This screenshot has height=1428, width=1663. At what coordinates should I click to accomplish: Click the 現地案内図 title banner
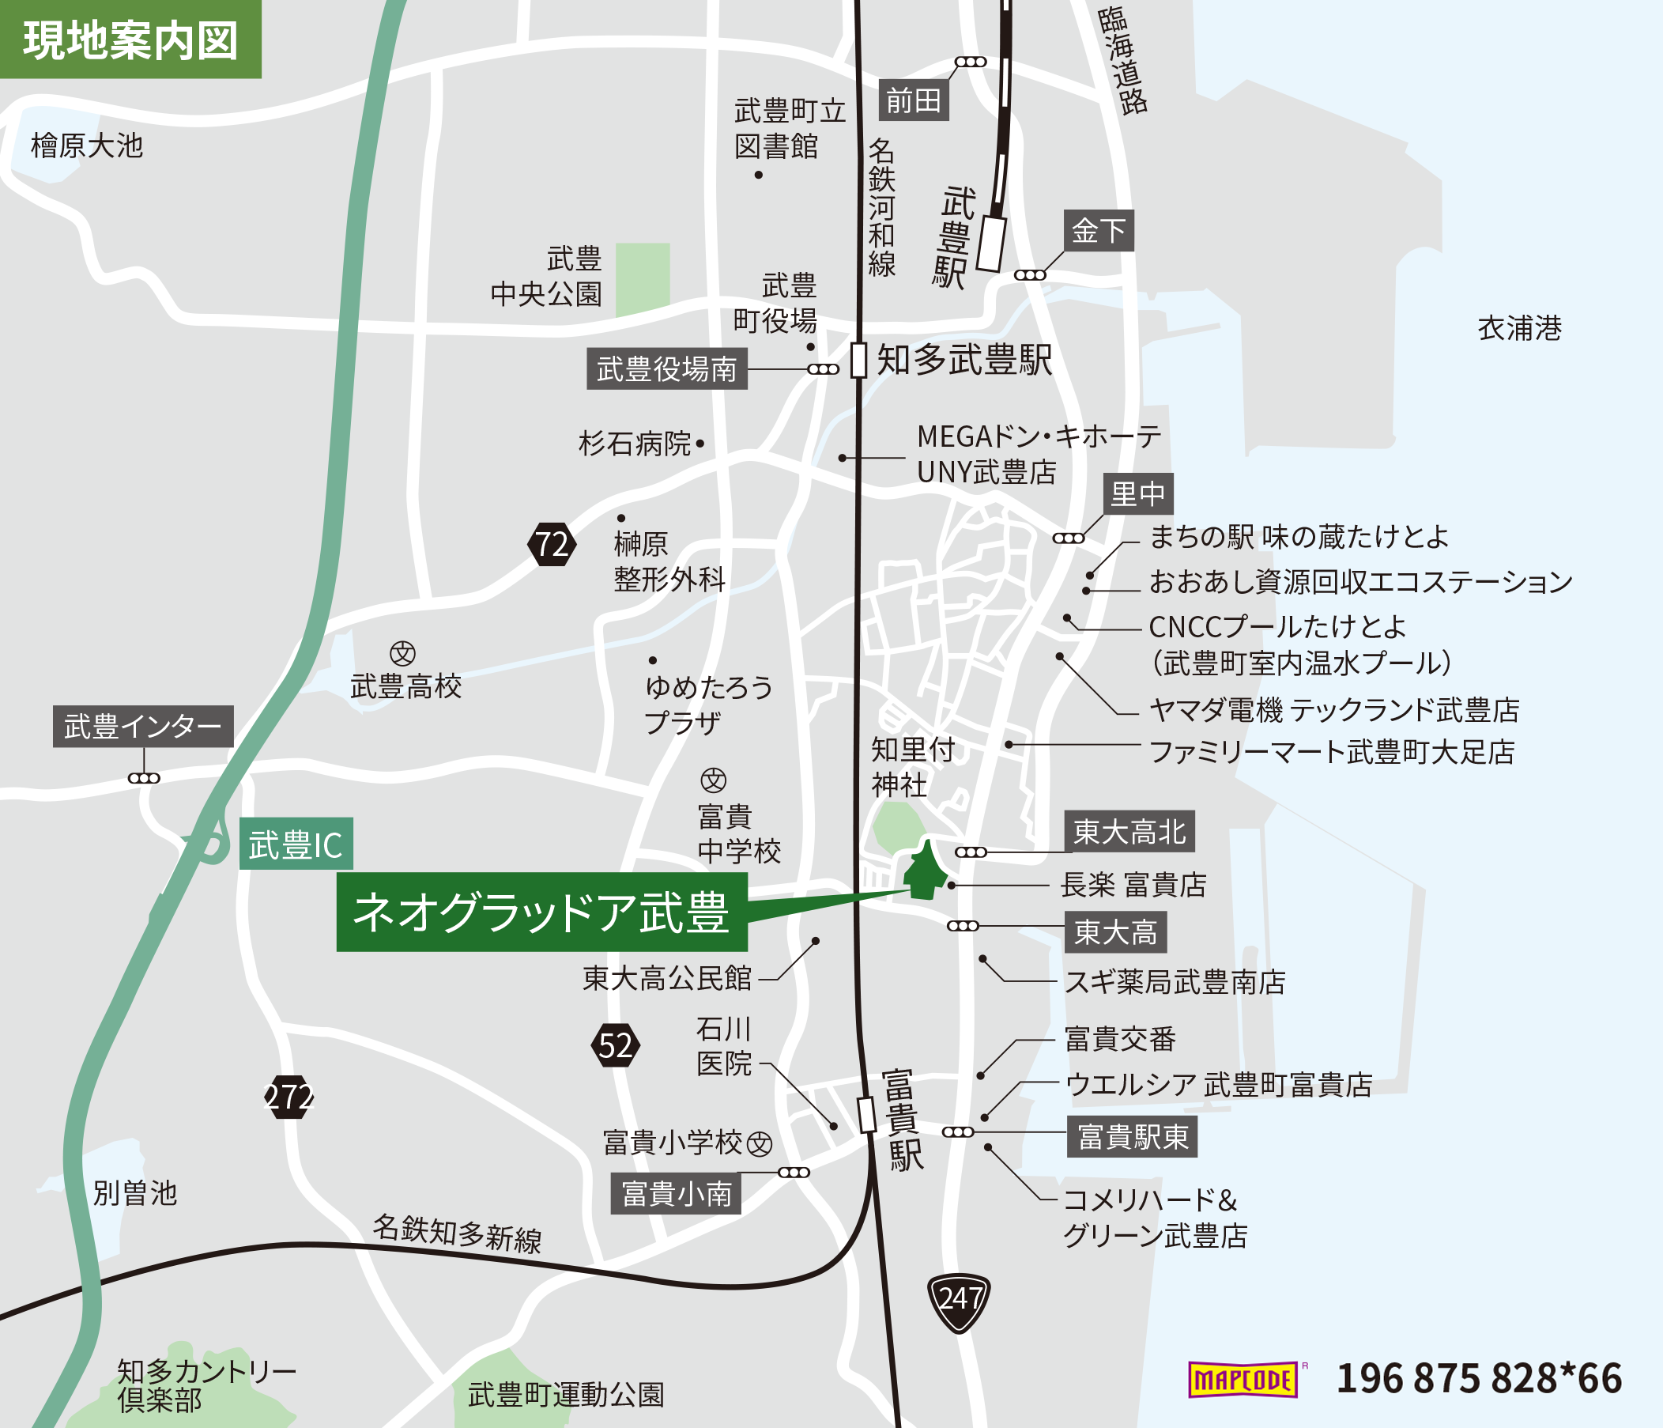[130, 40]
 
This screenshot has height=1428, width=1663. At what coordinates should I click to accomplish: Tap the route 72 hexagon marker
[552, 544]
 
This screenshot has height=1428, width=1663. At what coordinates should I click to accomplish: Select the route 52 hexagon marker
[616, 1045]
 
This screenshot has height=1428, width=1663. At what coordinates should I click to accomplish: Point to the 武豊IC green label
[296, 844]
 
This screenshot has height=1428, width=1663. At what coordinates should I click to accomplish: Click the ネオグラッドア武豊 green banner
[541, 912]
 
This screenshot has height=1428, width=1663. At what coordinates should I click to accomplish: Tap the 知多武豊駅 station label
[964, 360]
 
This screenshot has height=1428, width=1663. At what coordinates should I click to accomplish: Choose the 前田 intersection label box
[914, 100]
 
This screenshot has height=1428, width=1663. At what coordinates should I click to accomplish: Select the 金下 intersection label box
[1098, 231]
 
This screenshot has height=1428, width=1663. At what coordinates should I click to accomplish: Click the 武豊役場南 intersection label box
[666, 369]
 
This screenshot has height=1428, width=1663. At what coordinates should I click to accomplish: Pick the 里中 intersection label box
[1137, 493]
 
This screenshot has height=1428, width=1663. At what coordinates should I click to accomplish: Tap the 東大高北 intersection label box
[1129, 832]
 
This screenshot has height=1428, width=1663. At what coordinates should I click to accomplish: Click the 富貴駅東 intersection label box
[1132, 1136]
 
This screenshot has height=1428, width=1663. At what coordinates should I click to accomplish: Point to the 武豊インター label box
[143, 727]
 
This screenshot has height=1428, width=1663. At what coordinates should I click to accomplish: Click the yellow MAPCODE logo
[1243, 1380]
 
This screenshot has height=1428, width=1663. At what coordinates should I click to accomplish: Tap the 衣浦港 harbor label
[1519, 328]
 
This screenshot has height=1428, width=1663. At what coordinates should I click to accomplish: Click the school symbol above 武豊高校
[402, 653]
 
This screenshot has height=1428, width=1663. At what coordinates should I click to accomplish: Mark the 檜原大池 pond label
[87, 146]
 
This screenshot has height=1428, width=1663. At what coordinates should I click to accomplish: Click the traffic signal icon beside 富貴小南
[794, 1172]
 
